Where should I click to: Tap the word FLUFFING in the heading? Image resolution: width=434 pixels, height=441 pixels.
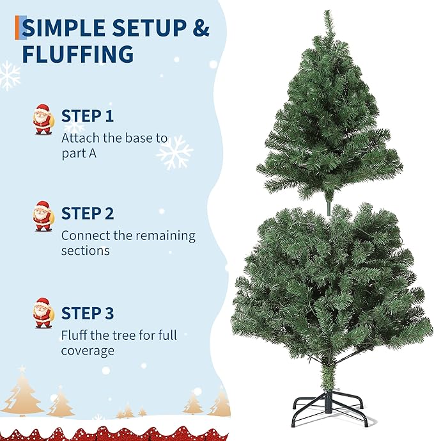point(78,54)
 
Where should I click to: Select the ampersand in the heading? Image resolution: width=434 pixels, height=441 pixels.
point(201,29)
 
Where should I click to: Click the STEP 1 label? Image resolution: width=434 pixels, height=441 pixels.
point(87,116)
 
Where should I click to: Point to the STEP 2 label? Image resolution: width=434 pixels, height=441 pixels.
point(88,214)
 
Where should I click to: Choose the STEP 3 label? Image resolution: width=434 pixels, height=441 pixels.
point(88,314)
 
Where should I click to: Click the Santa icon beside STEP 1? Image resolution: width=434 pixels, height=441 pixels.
point(43,120)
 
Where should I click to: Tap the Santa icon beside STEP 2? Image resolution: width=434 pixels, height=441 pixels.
point(43,216)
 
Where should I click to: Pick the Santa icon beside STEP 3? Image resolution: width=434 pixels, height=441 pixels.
point(43,312)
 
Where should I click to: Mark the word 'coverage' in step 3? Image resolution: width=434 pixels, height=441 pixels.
point(88,351)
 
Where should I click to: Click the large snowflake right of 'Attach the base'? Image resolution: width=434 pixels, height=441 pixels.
point(174,152)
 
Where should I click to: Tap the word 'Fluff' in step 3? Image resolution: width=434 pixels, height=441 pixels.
point(75,335)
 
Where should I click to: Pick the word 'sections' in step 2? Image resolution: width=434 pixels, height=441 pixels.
point(85,251)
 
